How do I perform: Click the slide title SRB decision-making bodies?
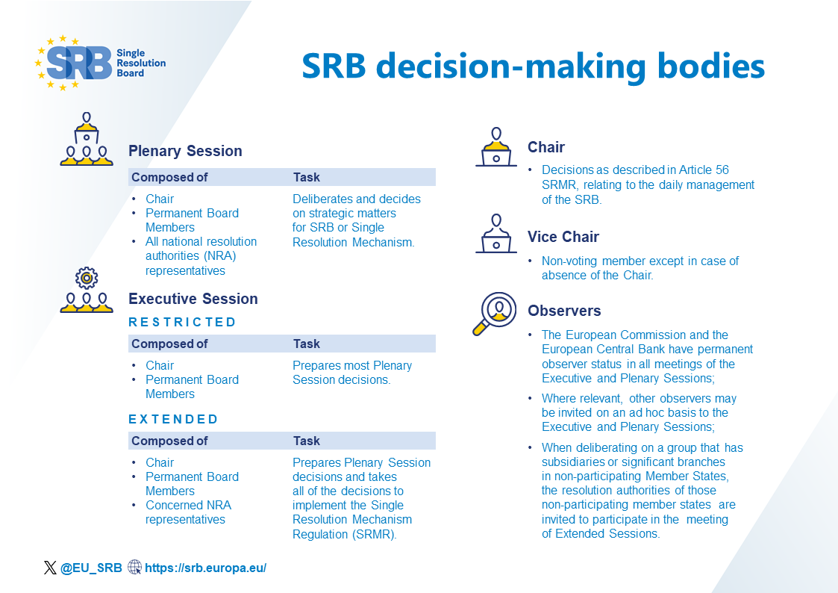[533, 66]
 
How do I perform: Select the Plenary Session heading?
[185, 151]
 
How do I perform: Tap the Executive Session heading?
[193, 299]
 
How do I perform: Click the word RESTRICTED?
[182, 323]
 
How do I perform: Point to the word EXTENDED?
[173, 419]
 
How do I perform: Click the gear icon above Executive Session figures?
[87, 278]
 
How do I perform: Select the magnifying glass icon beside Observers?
[494, 313]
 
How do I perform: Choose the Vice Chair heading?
[563, 237]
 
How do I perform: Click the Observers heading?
[563, 311]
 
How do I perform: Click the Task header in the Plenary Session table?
[306, 177]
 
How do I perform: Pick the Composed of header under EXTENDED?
[169, 441]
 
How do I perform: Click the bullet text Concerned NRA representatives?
[188, 512]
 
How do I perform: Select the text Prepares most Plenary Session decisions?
[351, 372]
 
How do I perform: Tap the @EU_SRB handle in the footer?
[90, 568]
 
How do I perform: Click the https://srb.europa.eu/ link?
[205, 568]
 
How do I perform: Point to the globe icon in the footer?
[134, 568]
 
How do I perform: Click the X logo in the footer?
[50, 568]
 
